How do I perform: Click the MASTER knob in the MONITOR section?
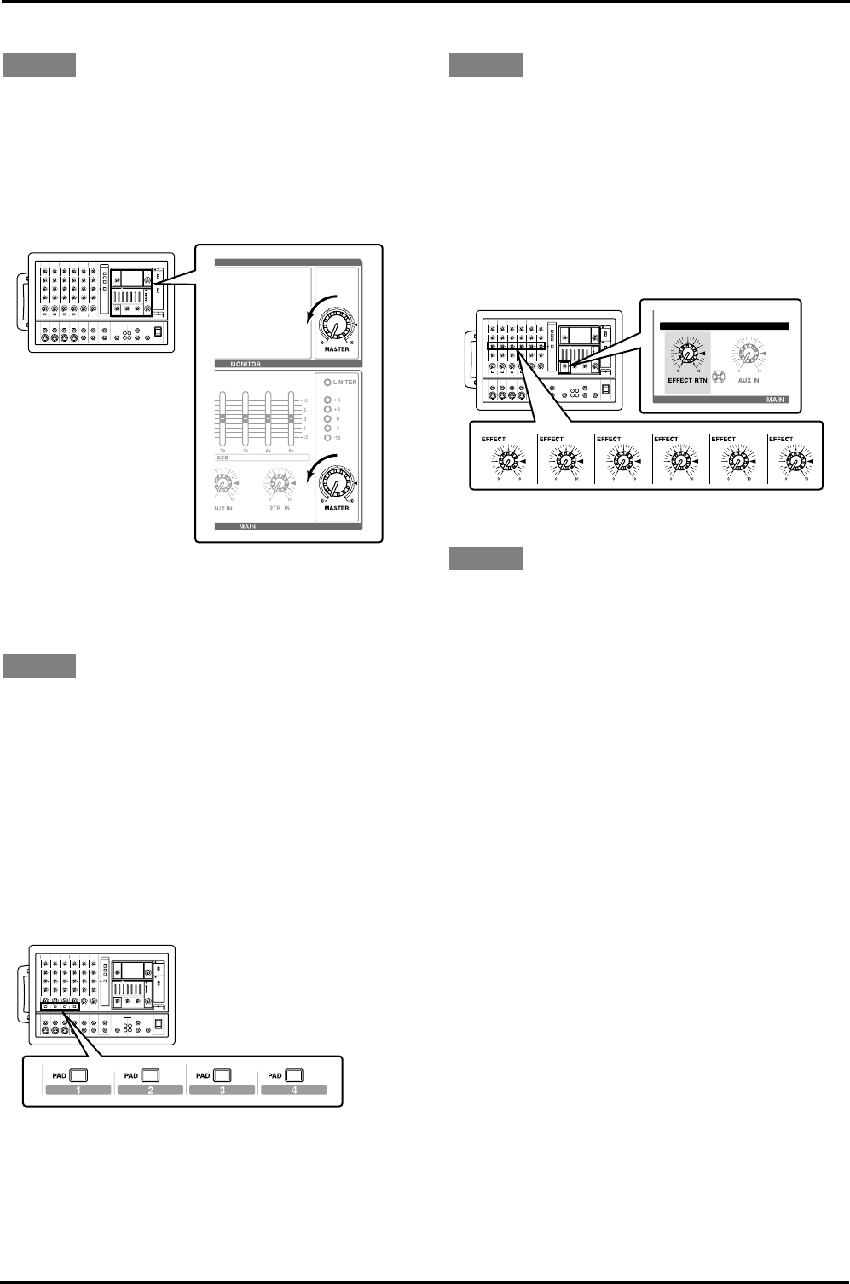coord(335,329)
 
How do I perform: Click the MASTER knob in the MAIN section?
coord(335,487)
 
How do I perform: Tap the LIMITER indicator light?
coord(328,382)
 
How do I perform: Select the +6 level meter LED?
coord(327,400)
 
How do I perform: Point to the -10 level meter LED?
coord(327,437)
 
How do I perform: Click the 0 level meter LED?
coord(327,418)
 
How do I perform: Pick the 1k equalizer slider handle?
coord(223,419)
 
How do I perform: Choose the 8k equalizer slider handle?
coord(292,419)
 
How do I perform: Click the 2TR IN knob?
coord(280,486)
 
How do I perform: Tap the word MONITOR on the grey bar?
coord(246,364)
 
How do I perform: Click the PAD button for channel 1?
coord(78,1074)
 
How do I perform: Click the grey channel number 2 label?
coord(150,1090)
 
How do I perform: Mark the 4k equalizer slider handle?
coord(269,419)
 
